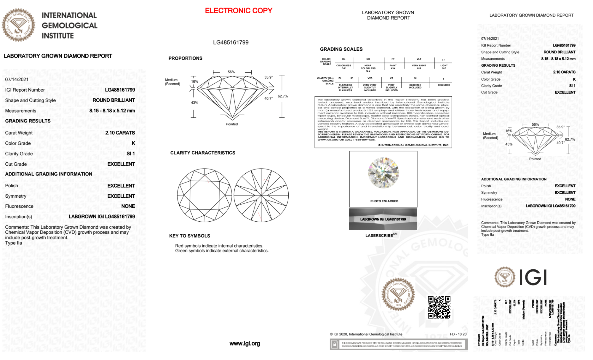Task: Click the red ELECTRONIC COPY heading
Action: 239,11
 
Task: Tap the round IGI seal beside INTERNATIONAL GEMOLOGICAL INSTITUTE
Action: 18,25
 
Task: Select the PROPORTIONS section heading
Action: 185,58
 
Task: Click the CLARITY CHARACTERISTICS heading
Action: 203,153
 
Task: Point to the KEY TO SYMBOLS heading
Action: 190,236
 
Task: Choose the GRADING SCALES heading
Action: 341,49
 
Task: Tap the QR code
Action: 439,307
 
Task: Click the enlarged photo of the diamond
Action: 383,173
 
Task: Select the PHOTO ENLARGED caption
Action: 384,201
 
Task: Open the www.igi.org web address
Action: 244,343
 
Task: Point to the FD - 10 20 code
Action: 458,334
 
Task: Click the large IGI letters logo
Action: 533,277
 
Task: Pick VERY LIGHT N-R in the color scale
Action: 419,67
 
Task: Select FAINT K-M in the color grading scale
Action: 393,67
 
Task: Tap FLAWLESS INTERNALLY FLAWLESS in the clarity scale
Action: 345,87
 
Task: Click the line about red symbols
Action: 219,246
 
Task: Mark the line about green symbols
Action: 222,251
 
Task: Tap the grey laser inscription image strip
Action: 383,219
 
